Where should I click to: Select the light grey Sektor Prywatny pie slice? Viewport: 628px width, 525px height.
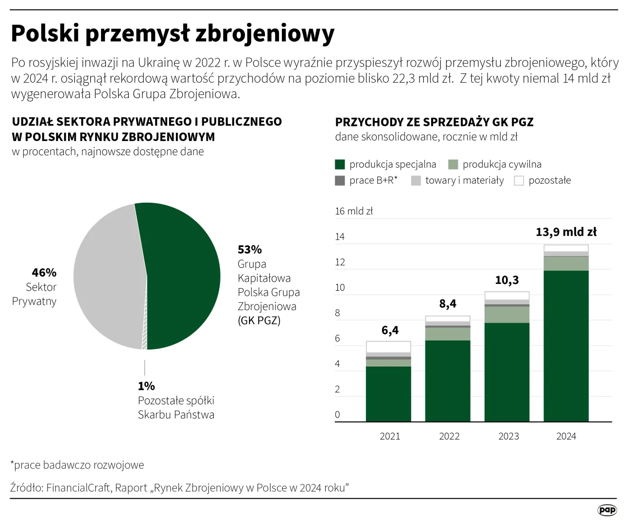[109, 277]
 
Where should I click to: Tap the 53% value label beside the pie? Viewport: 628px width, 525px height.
[249, 250]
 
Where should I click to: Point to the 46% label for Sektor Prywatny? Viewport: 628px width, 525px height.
[44, 273]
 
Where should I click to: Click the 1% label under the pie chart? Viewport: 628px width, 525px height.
[146, 386]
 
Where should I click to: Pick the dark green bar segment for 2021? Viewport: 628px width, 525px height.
[388, 394]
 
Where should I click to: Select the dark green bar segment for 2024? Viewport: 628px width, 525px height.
[566, 345]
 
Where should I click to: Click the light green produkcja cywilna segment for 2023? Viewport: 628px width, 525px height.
[507, 315]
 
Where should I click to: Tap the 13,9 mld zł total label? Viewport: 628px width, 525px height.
[566, 232]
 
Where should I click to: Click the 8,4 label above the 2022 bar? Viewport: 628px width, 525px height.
[448, 304]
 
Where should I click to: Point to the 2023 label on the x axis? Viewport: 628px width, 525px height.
[508, 436]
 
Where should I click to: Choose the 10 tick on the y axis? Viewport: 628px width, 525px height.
[340, 287]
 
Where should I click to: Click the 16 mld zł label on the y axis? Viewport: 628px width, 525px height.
[353, 211]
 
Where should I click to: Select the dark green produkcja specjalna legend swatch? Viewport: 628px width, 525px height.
[340, 164]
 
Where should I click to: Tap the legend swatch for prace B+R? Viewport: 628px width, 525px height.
[340, 180]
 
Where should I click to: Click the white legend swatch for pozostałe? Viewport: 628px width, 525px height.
[519, 180]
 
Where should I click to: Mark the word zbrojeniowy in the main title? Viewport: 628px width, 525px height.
[265, 34]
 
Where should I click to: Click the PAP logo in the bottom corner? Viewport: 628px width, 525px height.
[607, 510]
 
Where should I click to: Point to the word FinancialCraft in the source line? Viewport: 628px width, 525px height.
[78, 488]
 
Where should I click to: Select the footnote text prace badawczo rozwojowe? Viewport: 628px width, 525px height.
[79, 465]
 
